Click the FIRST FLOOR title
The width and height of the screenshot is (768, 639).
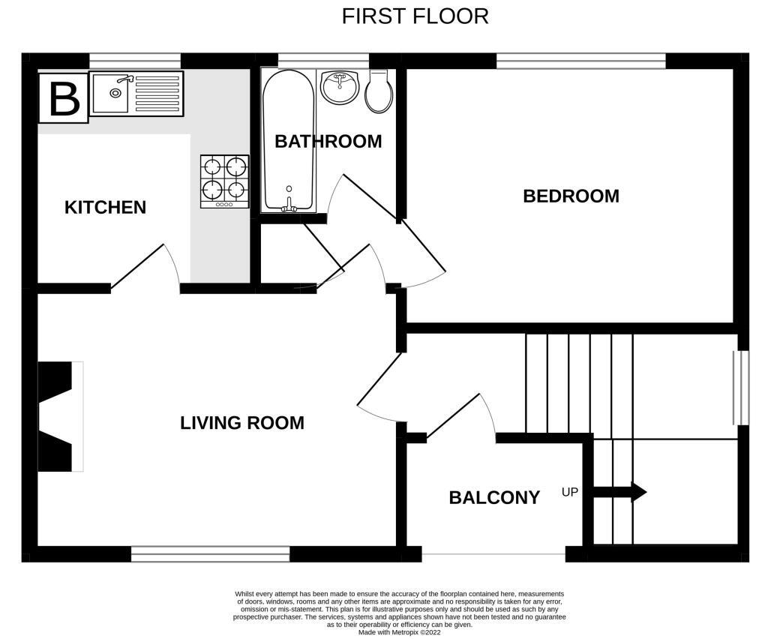[x=415, y=16]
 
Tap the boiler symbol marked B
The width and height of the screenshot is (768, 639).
[x=64, y=98]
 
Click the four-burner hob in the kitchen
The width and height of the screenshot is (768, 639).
[x=224, y=181]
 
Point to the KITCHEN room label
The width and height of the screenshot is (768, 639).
[x=105, y=208]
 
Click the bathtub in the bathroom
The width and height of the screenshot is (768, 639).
[x=288, y=140]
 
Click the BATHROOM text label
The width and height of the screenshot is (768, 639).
[x=328, y=142]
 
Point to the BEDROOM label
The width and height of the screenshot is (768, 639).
[x=571, y=196]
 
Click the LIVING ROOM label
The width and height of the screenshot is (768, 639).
[x=241, y=423]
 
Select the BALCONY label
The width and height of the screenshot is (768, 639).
[x=494, y=498]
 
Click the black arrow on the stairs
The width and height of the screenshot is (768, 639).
[x=619, y=493]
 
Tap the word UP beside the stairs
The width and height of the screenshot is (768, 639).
[x=570, y=493]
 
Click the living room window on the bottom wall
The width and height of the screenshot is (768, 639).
[x=210, y=554]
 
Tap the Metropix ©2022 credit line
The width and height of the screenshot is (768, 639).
[x=399, y=632]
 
